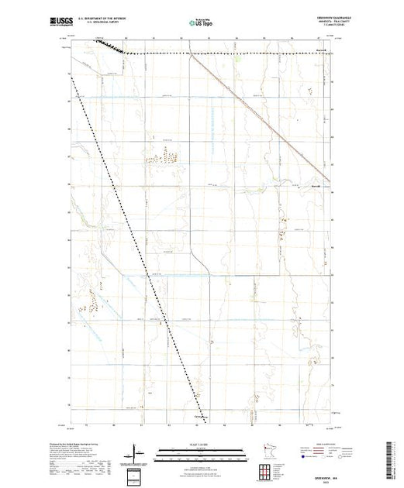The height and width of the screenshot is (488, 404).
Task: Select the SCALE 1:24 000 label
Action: [202, 445]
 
